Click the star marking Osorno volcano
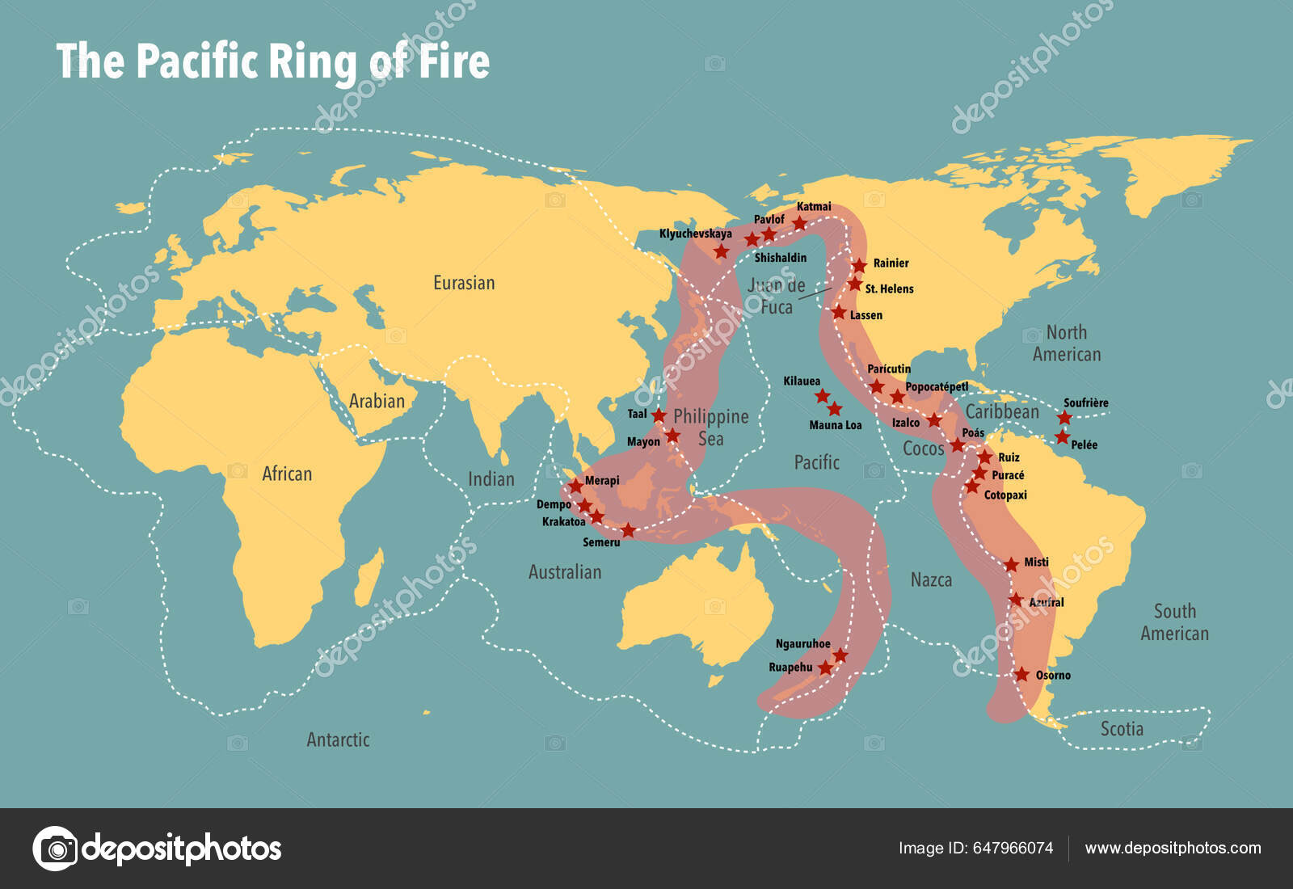point(1022,674)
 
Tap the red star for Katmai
point(799,223)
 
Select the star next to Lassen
point(839,313)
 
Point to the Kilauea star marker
point(822,395)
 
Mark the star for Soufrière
point(1064,418)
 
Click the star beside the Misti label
point(1011,564)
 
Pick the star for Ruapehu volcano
point(825,668)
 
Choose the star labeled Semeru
point(628,531)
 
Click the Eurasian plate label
point(464,283)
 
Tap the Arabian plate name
point(377,401)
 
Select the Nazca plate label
point(931,579)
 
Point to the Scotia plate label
point(1122,729)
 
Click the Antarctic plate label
point(338,739)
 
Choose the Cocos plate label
point(923,449)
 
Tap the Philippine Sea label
point(710,427)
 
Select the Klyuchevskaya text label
point(695,234)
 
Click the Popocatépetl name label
point(936,386)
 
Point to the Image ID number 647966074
point(1013,848)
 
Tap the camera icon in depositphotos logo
point(56,849)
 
